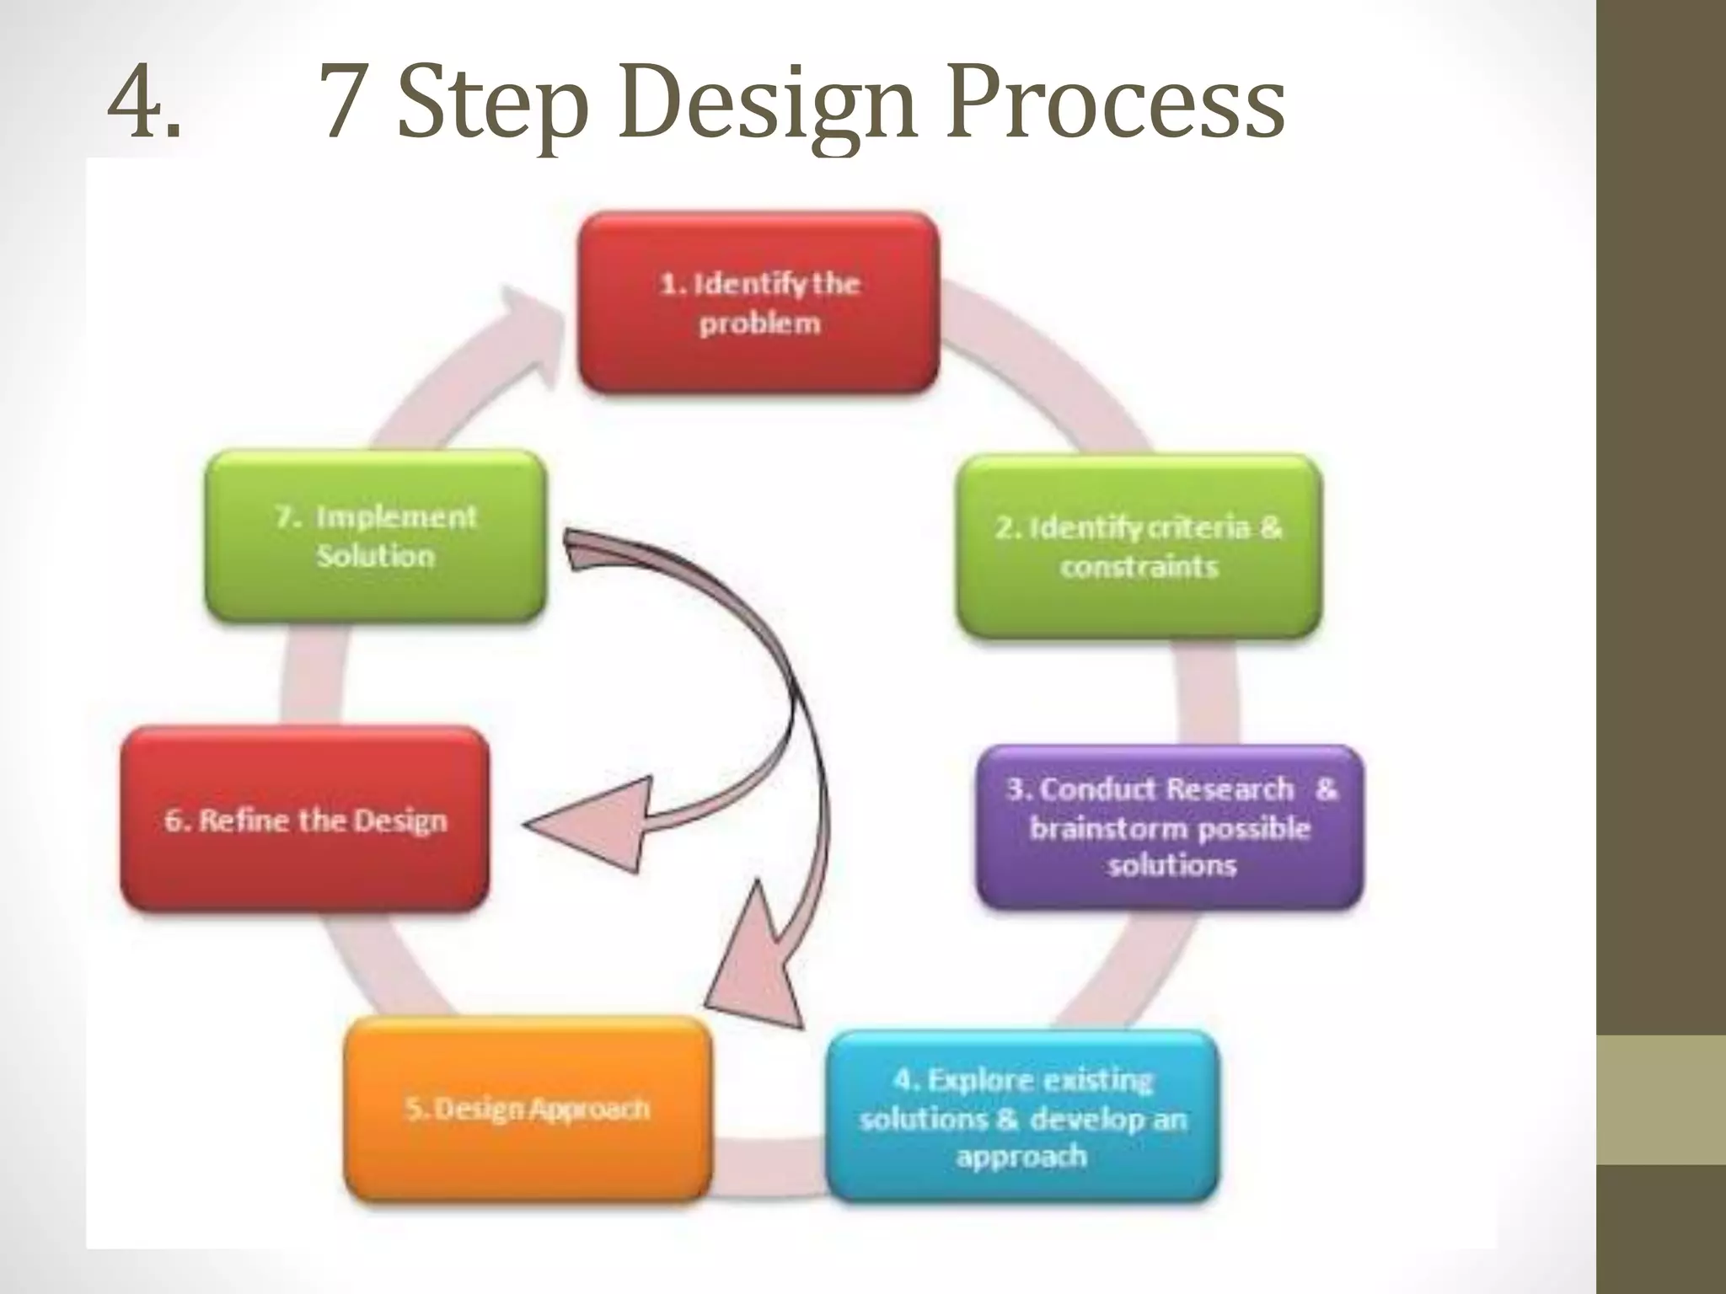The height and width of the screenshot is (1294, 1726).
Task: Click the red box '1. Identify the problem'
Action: pyautogui.click(x=758, y=302)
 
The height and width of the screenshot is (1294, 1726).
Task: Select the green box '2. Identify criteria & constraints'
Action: pyautogui.click(x=1139, y=546)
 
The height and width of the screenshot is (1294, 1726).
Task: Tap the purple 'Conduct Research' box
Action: pyautogui.click(x=1170, y=826)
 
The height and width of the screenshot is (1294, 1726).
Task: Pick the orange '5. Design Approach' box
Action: pyautogui.click(x=528, y=1108)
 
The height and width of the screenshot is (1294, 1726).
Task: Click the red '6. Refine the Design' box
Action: pyautogui.click(x=305, y=819)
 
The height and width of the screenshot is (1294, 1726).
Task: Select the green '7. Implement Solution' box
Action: pyautogui.click(x=376, y=536)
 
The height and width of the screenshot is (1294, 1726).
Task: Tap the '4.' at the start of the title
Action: pyautogui.click(x=144, y=106)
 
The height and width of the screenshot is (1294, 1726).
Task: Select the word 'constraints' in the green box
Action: pyautogui.click(x=1139, y=566)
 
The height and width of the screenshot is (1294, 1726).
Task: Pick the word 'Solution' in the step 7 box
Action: pyautogui.click(x=376, y=556)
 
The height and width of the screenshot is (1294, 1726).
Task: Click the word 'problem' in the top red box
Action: pyautogui.click(x=758, y=323)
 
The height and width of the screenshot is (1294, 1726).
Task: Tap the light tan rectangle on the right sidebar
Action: pyautogui.click(x=1661, y=1099)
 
